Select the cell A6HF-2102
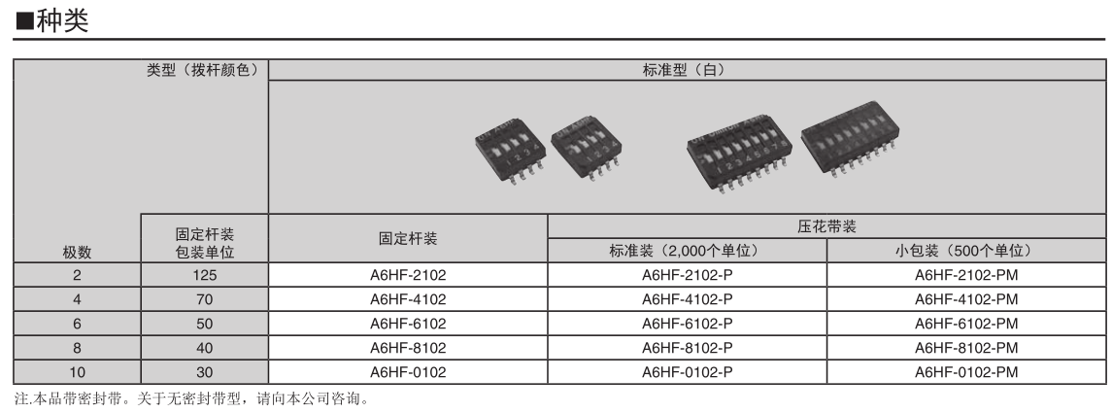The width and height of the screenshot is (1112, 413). (x=408, y=275)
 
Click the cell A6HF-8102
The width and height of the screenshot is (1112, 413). (x=408, y=348)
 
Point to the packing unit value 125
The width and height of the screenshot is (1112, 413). (x=203, y=275)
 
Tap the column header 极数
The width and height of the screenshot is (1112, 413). (x=77, y=253)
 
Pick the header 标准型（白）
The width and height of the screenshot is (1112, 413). (x=687, y=70)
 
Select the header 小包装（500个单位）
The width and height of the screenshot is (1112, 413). (x=966, y=251)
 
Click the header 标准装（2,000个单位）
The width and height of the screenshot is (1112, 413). (x=688, y=251)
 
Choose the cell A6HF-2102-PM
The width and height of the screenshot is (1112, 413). (x=966, y=275)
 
